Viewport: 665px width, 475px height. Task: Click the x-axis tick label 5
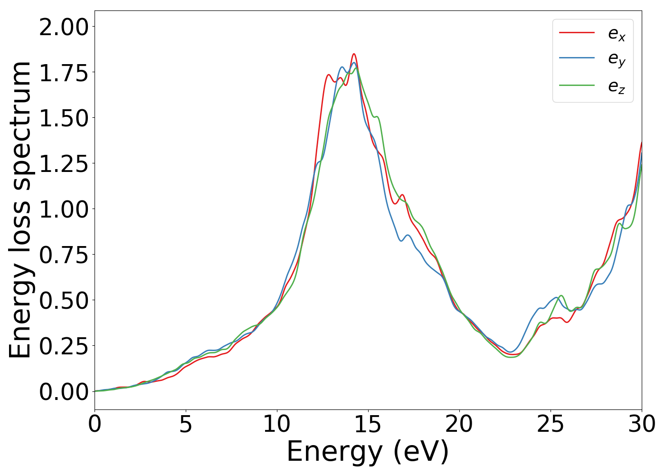(x=186, y=424)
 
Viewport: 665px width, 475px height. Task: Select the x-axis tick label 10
(x=277, y=424)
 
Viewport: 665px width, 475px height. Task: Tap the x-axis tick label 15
(x=368, y=424)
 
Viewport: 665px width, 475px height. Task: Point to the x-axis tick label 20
(x=459, y=424)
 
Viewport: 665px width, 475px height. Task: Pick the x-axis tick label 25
(x=551, y=424)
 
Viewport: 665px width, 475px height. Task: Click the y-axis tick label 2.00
(x=64, y=27)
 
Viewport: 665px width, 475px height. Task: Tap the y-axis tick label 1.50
(x=64, y=118)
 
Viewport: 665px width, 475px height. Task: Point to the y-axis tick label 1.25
(x=64, y=164)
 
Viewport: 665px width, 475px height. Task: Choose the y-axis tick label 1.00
(x=64, y=209)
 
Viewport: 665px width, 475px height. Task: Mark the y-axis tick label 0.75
(x=64, y=255)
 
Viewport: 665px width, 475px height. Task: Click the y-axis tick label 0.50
(x=64, y=301)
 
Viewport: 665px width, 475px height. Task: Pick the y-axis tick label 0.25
(x=64, y=346)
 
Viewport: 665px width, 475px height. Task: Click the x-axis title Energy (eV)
(x=368, y=451)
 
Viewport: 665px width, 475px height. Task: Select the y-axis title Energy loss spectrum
(x=20, y=209)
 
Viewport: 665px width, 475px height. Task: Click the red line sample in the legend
(x=577, y=32)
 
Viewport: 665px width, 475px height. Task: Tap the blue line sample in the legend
(x=577, y=58)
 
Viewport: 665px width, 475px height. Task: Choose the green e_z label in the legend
(x=617, y=86)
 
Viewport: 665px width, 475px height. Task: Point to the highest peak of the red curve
(x=354, y=54)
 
